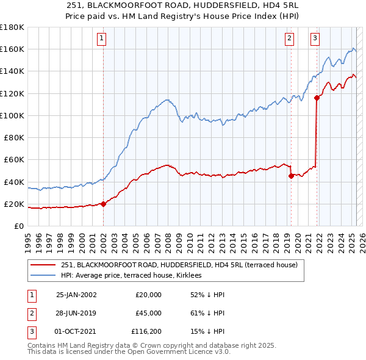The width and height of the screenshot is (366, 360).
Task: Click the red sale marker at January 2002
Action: pyautogui.click(x=103, y=204)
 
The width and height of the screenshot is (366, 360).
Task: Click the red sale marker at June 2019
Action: pyautogui.click(x=291, y=176)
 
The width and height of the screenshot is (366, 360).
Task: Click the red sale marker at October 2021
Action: pyautogui.click(x=317, y=98)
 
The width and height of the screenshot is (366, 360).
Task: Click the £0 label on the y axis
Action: pyautogui.click(x=19, y=226)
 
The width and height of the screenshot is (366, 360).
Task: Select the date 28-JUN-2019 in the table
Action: pyautogui.click(x=76, y=313)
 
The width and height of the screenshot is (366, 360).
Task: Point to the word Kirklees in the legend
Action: pyautogui.click(x=196, y=276)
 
